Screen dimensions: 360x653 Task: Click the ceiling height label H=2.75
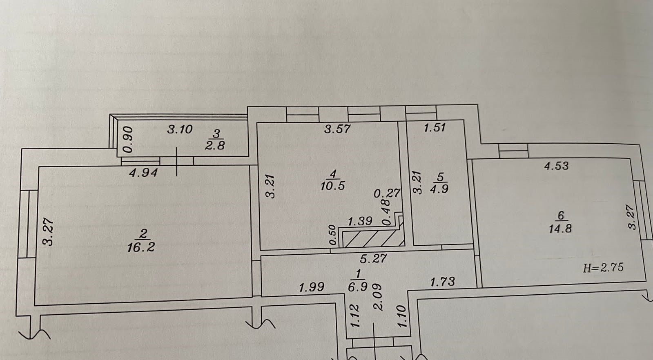click(603, 268)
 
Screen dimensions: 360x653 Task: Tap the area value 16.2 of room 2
click(141, 247)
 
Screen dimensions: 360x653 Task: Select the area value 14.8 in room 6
click(560, 228)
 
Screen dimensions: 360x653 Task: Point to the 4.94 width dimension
click(143, 173)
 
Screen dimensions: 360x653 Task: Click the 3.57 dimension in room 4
click(337, 129)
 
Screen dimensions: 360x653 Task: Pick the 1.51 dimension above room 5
click(434, 128)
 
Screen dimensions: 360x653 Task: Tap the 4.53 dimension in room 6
click(556, 166)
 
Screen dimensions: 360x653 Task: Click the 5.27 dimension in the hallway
click(373, 258)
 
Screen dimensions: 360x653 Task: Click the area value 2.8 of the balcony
click(215, 145)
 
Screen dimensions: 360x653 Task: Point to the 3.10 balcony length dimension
click(180, 129)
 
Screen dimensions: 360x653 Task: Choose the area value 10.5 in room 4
click(332, 186)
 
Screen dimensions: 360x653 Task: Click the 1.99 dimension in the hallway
click(311, 287)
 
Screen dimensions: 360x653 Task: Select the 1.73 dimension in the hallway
click(442, 282)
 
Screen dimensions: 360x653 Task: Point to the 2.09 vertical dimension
click(378, 297)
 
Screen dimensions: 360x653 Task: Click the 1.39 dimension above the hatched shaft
click(360, 221)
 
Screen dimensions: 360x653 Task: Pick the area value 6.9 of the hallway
click(358, 287)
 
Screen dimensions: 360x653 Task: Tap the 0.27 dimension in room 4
click(387, 193)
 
